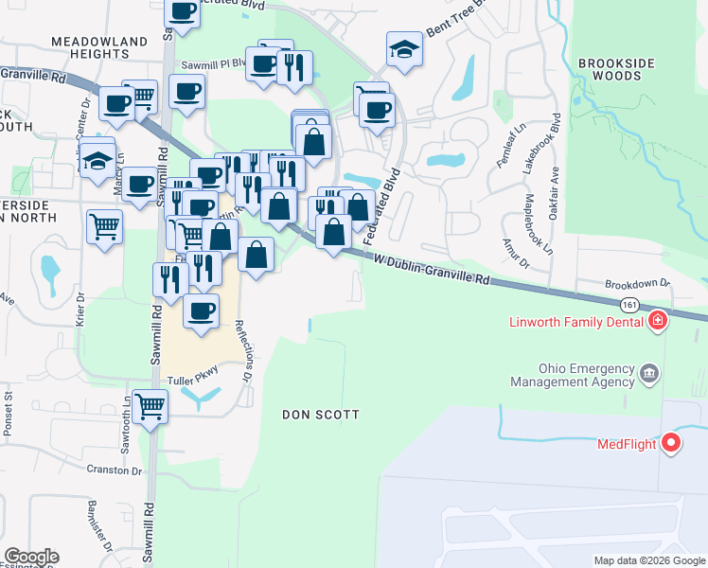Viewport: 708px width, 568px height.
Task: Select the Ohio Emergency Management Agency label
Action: pyautogui.click(x=572, y=375)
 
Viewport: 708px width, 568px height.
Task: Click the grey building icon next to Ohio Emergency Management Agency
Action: pyautogui.click(x=649, y=372)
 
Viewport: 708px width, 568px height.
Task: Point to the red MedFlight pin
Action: pyautogui.click(x=671, y=442)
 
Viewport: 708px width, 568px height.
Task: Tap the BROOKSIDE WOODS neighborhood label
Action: pyautogui.click(x=617, y=72)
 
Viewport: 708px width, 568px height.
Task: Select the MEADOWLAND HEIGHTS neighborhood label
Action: pyautogui.click(x=99, y=48)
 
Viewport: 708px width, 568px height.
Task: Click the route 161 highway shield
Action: pyautogui.click(x=629, y=305)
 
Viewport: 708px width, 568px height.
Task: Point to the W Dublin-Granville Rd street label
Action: pyautogui.click(x=433, y=268)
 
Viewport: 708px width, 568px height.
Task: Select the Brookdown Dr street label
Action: pyautogui.click(x=637, y=283)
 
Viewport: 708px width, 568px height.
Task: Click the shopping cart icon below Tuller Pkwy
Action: pyautogui.click(x=150, y=407)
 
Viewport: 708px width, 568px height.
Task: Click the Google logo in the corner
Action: pyautogui.click(x=31, y=557)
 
